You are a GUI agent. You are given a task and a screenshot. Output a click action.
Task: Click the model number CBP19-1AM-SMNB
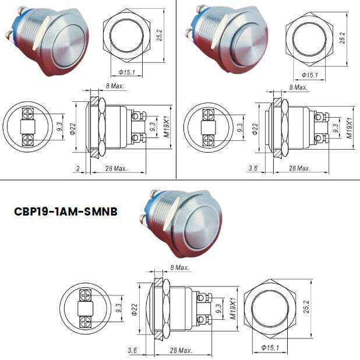click(x=65, y=211)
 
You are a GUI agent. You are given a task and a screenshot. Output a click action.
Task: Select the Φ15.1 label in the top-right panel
click(x=309, y=75)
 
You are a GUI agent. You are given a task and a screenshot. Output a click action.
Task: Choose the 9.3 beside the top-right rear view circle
click(x=239, y=128)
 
